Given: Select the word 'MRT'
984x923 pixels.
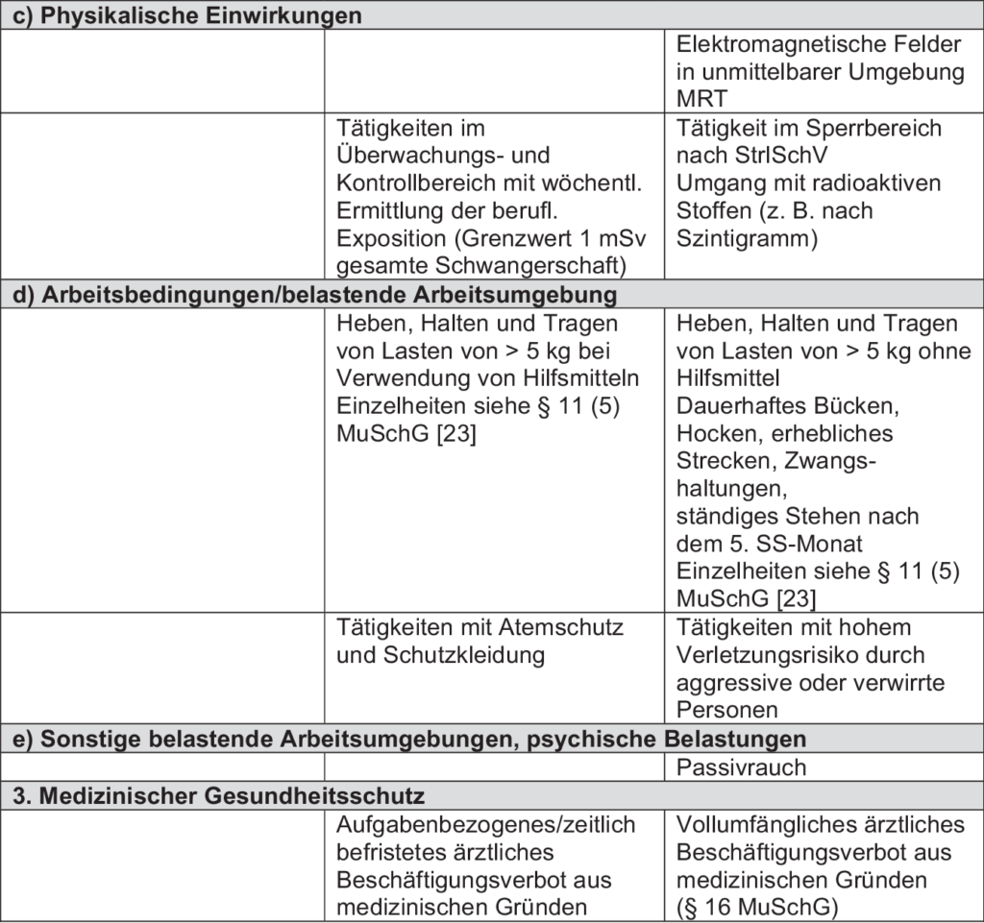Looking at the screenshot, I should (x=701, y=100).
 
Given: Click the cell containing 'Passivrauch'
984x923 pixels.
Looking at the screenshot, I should (x=741, y=767).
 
